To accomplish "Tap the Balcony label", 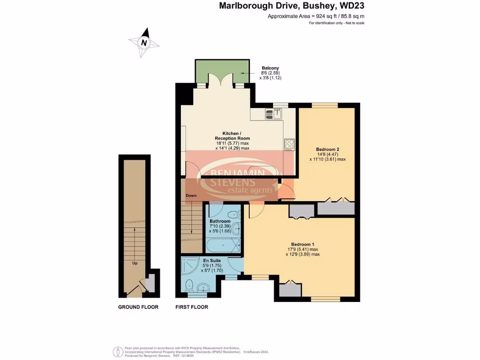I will (x=257, y=68).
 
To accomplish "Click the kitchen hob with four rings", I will (x=288, y=145).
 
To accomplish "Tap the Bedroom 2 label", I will (x=328, y=150).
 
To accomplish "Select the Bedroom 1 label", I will (x=302, y=244).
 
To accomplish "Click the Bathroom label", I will (x=220, y=221).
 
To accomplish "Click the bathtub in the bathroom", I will (x=223, y=245).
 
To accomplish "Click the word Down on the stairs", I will (x=191, y=195).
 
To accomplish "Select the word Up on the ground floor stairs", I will (x=135, y=263).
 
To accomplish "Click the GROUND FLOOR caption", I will (x=138, y=307).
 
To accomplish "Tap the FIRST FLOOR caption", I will (x=192, y=307).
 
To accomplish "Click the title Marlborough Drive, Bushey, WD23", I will (x=292, y=7).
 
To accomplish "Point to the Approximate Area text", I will (x=316, y=16).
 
